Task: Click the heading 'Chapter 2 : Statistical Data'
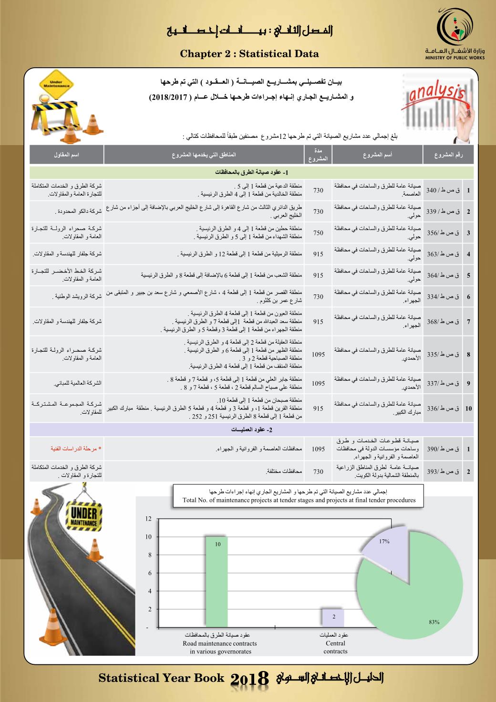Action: (249, 54)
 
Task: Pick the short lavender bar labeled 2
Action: (333, 618)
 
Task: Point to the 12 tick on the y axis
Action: (148, 519)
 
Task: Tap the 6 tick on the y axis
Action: (150, 573)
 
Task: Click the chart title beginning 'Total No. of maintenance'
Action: (299, 501)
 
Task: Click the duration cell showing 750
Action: (318, 233)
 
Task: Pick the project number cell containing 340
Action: (443, 190)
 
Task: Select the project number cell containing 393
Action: (443, 471)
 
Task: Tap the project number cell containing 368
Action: (443, 322)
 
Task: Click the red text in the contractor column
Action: (76, 449)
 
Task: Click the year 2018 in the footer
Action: (250, 679)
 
